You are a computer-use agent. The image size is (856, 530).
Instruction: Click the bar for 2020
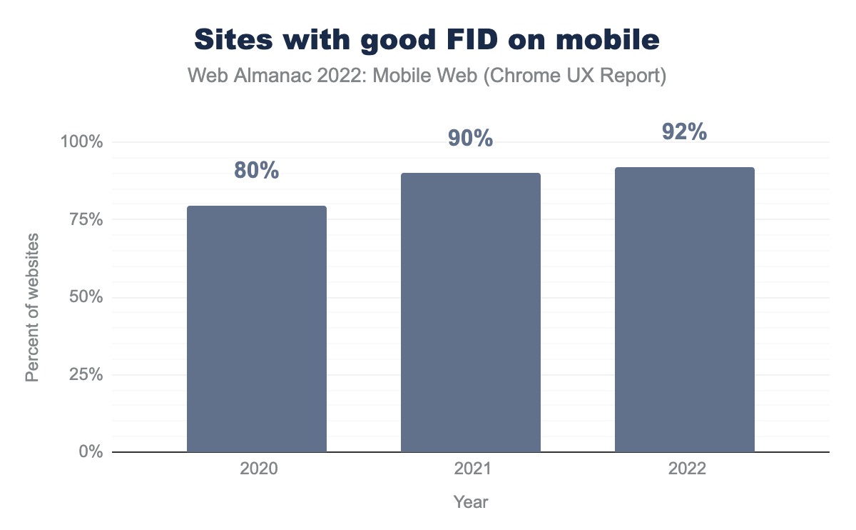coord(257,329)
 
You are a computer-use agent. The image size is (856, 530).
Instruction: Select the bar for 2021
coord(471,313)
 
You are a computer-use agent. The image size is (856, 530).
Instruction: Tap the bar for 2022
coord(685,310)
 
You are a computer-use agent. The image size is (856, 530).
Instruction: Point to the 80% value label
coord(257,171)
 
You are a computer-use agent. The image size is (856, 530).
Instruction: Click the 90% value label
coord(471,139)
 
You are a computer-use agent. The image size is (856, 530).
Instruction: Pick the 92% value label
coord(685,132)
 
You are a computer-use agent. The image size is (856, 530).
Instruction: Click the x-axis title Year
coord(471,502)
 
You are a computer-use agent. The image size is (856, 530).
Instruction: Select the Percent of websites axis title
coord(32,307)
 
